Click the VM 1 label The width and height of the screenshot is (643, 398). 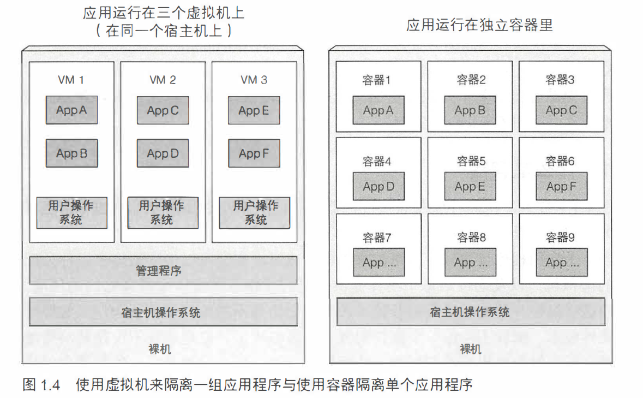tap(71, 80)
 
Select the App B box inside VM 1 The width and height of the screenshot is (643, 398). tap(71, 153)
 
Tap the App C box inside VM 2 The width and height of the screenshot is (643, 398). tap(163, 111)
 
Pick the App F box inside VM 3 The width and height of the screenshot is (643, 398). tap(254, 153)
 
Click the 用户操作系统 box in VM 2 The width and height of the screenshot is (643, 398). tap(163, 212)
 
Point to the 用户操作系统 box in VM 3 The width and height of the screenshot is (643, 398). tap(254, 212)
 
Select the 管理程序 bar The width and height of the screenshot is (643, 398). tap(163, 270)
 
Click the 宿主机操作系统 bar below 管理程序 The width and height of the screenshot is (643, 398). tap(163, 312)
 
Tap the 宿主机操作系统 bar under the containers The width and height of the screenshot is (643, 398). tap(470, 312)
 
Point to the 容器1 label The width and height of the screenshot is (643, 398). tap(377, 80)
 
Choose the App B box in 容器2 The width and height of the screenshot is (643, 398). tap(470, 111)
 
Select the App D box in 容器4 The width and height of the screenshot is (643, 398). tap(378, 187)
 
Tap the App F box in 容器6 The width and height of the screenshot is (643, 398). tap(561, 187)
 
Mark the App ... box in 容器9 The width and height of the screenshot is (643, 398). tap(561, 263)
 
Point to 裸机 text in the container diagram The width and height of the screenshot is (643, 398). tap(470, 349)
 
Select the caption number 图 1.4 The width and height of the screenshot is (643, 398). tap(40, 385)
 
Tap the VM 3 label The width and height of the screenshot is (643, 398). tap(254, 80)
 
